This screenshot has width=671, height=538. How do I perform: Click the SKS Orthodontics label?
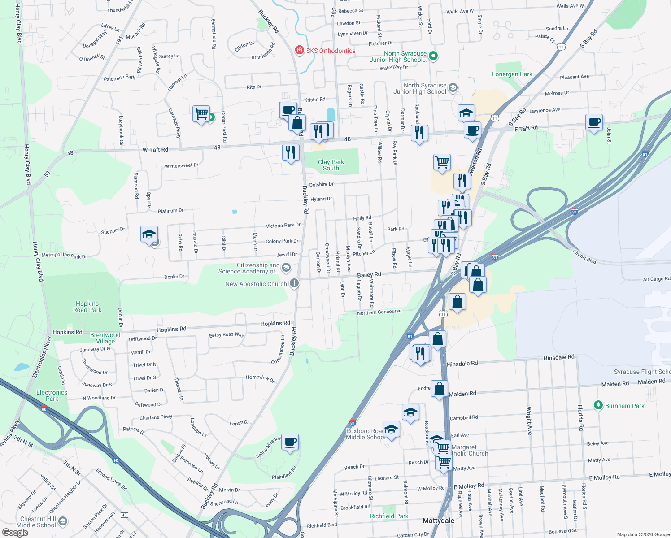click(x=331, y=51)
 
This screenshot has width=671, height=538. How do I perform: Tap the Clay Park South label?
click(x=331, y=165)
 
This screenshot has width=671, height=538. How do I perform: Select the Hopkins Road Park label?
click(x=87, y=307)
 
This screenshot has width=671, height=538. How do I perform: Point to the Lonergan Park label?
click(x=512, y=74)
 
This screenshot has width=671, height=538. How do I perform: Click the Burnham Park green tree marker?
click(x=598, y=405)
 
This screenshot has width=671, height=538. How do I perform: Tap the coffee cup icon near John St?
click(x=594, y=122)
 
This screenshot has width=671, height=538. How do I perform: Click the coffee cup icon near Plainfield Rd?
click(x=290, y=442)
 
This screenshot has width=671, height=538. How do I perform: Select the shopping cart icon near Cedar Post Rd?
click(x=201, y=113)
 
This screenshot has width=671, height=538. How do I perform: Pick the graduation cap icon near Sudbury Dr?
click(x=149, y=234)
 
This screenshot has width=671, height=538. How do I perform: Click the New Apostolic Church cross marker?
click(x=294, y=283)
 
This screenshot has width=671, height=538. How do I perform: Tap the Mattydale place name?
click(x=438, y=521)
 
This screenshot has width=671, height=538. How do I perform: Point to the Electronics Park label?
click(x=52, y=395)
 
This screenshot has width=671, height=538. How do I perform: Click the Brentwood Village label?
click(x=105, y=338)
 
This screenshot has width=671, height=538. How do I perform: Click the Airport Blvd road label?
click(x=584, y=256)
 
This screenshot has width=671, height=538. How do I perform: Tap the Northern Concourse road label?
click(x=379, y=312)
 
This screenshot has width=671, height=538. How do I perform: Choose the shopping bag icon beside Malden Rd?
click(x=439, y=389)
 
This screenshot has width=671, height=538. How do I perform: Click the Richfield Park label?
click(x=389, y=516)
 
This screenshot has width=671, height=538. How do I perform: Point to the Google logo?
click(x=15, y=532)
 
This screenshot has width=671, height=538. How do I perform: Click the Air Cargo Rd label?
click(x=656, y=279)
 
